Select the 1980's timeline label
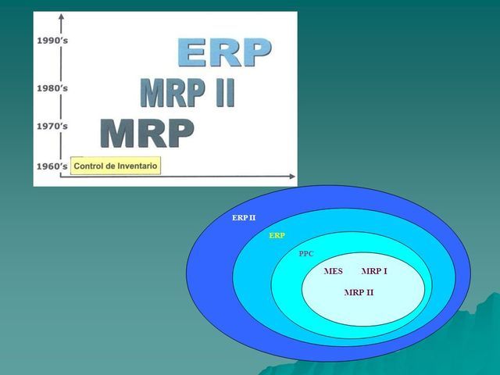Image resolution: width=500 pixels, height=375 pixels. (52, 88)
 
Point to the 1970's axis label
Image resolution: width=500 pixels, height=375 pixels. (52, 126)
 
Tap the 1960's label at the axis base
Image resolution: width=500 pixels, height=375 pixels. (52, 166)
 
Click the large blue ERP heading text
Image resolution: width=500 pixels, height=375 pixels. (224, 52)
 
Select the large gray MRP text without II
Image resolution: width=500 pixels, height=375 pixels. (147, 134)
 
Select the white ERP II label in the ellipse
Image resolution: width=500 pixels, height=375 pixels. (244, 218)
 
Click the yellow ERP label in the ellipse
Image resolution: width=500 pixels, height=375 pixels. (277, 235)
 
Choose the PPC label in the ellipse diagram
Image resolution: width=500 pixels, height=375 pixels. (307, 254)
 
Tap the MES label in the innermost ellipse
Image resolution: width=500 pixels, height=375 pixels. (333, 271)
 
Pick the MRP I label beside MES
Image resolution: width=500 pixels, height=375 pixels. (374, 271)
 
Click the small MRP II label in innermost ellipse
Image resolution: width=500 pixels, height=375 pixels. (359, 291)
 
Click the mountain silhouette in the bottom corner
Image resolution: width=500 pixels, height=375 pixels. (469, 344)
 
